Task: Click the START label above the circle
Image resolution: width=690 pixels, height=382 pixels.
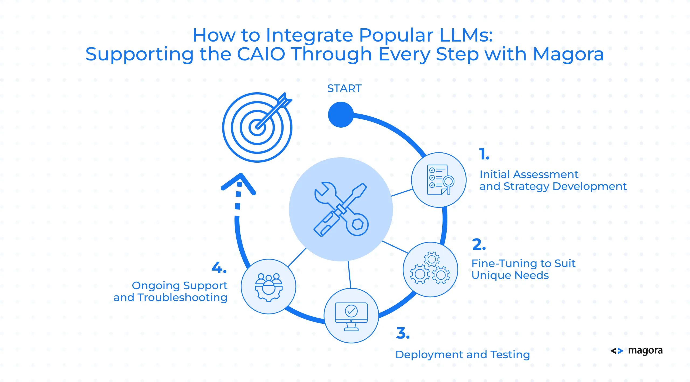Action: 344,88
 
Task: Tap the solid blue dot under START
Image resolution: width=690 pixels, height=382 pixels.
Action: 341,115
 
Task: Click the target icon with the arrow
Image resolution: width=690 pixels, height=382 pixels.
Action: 257,127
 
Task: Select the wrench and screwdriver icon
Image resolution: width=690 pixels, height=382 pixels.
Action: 341,209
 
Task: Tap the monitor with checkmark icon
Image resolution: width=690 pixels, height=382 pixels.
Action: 351,316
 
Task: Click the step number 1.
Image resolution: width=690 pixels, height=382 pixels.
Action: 484,154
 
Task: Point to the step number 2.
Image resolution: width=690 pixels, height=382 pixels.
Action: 479,244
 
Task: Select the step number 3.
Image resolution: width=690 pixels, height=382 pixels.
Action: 403,333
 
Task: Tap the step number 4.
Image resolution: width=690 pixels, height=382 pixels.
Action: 219,268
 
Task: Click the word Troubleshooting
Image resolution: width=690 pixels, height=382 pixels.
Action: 182,298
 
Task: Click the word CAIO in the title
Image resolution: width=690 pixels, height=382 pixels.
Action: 261,54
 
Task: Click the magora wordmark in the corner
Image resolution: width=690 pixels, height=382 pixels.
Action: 645,350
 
